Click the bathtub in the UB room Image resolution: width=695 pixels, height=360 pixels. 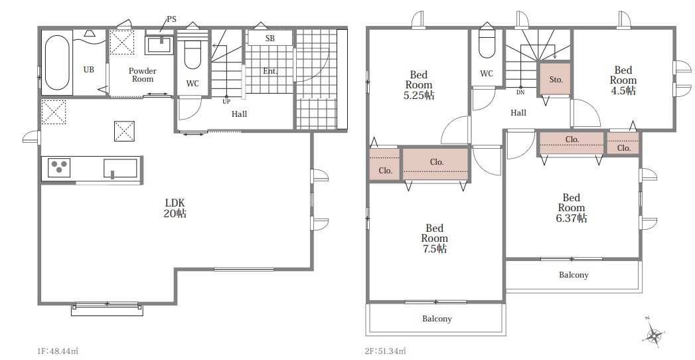(x=57, y=62)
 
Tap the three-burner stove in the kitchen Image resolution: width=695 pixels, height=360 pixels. (x=59, y=167)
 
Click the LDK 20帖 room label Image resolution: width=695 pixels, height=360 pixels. (x=175, y=209)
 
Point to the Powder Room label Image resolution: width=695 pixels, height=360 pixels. (x=142, y=75)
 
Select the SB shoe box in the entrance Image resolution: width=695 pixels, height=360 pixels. (x=270, y=38)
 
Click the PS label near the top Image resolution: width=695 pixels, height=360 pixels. (x=171, y=19)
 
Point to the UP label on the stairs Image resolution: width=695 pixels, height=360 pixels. (x=226, y=102)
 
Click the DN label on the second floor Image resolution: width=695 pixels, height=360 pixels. (x=520, y=92)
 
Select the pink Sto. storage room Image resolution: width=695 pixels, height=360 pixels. (x=554, y=79)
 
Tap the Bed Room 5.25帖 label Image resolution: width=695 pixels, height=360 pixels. (x=419, y=84)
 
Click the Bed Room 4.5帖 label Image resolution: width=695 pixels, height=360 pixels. (x=623, y=80)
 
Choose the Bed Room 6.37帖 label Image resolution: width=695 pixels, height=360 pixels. (x=572, y=208)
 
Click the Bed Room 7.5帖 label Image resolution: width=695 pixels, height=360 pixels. (x=434, y=238)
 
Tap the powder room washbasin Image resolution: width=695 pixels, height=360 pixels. (x=159, y=45)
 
